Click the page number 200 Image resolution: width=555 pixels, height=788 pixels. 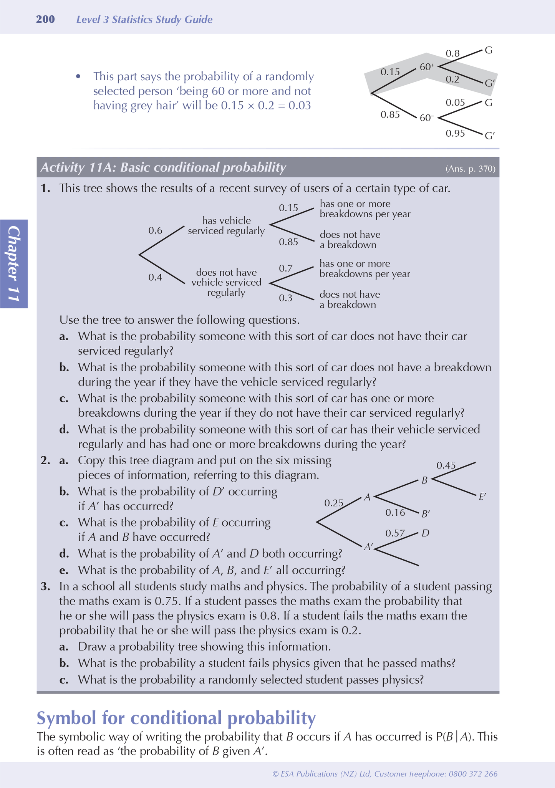45,19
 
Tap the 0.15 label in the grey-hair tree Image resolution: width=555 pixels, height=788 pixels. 390,72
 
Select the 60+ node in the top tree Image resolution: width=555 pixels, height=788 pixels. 427,67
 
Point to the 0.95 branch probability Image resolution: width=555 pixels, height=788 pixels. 455,133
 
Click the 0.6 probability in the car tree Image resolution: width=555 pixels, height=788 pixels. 155,230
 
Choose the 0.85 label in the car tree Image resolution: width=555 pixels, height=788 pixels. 288,242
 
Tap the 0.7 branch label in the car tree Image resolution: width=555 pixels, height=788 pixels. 286,268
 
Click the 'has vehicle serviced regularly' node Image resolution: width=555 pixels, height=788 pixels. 226,225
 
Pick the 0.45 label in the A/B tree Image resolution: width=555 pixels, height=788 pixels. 446,466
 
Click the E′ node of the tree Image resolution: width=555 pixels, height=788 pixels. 482,497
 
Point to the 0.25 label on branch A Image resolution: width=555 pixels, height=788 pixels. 334,503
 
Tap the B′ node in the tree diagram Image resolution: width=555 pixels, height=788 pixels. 426,514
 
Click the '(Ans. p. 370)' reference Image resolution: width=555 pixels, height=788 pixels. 470,169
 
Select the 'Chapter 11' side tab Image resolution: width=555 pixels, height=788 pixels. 14,264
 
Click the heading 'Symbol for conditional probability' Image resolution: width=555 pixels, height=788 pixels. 176,718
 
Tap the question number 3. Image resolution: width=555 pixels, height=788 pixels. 45,587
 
